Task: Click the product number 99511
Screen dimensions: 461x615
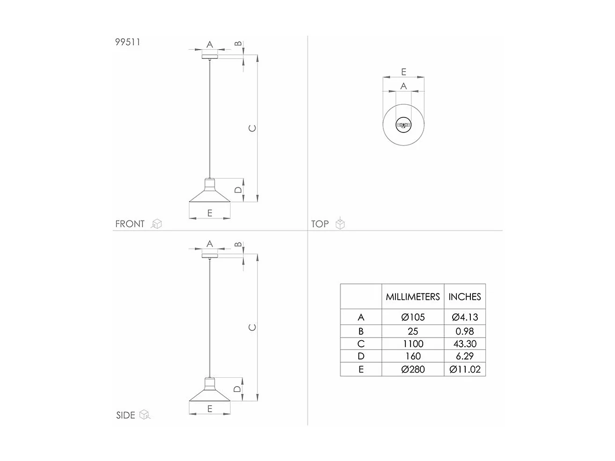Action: pyautogui.click(x=128, y=42)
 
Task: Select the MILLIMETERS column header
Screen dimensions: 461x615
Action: pyautogui.click(x=413, y=297)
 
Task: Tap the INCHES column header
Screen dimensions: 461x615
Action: pyautogui.click(x=465, y=297)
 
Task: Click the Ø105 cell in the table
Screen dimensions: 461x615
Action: pyautogui.click(x=413, y=317)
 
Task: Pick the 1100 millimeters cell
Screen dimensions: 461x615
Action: pyautogui.click(x=413, y=344)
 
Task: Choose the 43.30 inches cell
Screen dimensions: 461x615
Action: pyautogui.click(x=465, y=344)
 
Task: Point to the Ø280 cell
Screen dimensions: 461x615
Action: pyautogui.click(x=413, y=369)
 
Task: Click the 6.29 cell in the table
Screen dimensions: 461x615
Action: pyautogui.click(x=465, y=357)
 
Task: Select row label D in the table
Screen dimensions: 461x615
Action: pyautogui.click(x=361, y=357)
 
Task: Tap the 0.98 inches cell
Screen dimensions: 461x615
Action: pyautogui.click(x=465, y=331)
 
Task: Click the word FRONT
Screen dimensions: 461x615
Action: pyautogui.click(x=130, y=224)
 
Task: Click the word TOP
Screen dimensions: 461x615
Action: pyautogui.click(x=320, y=224)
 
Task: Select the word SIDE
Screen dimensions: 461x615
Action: pyautogui.click(x=125, y=415)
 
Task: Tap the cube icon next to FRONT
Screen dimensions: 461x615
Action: pyautogui.click(x=157, y=224)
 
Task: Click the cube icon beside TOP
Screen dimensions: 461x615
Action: pyautogui.click(x=340, y=224)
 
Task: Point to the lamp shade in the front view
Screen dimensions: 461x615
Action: pyautogui.click(x=210, y=194)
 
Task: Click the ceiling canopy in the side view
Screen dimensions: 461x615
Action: pyautogui.click(x=210, y=256)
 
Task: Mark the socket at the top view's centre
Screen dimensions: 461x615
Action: pyautogui.click(x=403, y=125)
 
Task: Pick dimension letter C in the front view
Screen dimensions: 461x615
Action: pyautogui.click(x=252, y=128)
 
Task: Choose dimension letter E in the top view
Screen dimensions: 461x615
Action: pyautogui.click(x=403, y=72)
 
